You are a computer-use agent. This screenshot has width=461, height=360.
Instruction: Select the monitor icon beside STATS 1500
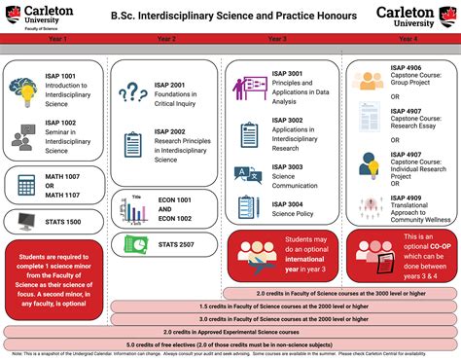(24, 220)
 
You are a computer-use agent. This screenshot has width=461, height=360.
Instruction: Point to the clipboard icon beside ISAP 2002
(132, 144)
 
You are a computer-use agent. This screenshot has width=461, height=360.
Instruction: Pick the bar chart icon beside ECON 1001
(133, 207)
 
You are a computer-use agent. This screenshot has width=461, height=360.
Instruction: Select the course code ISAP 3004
(289, 203)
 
